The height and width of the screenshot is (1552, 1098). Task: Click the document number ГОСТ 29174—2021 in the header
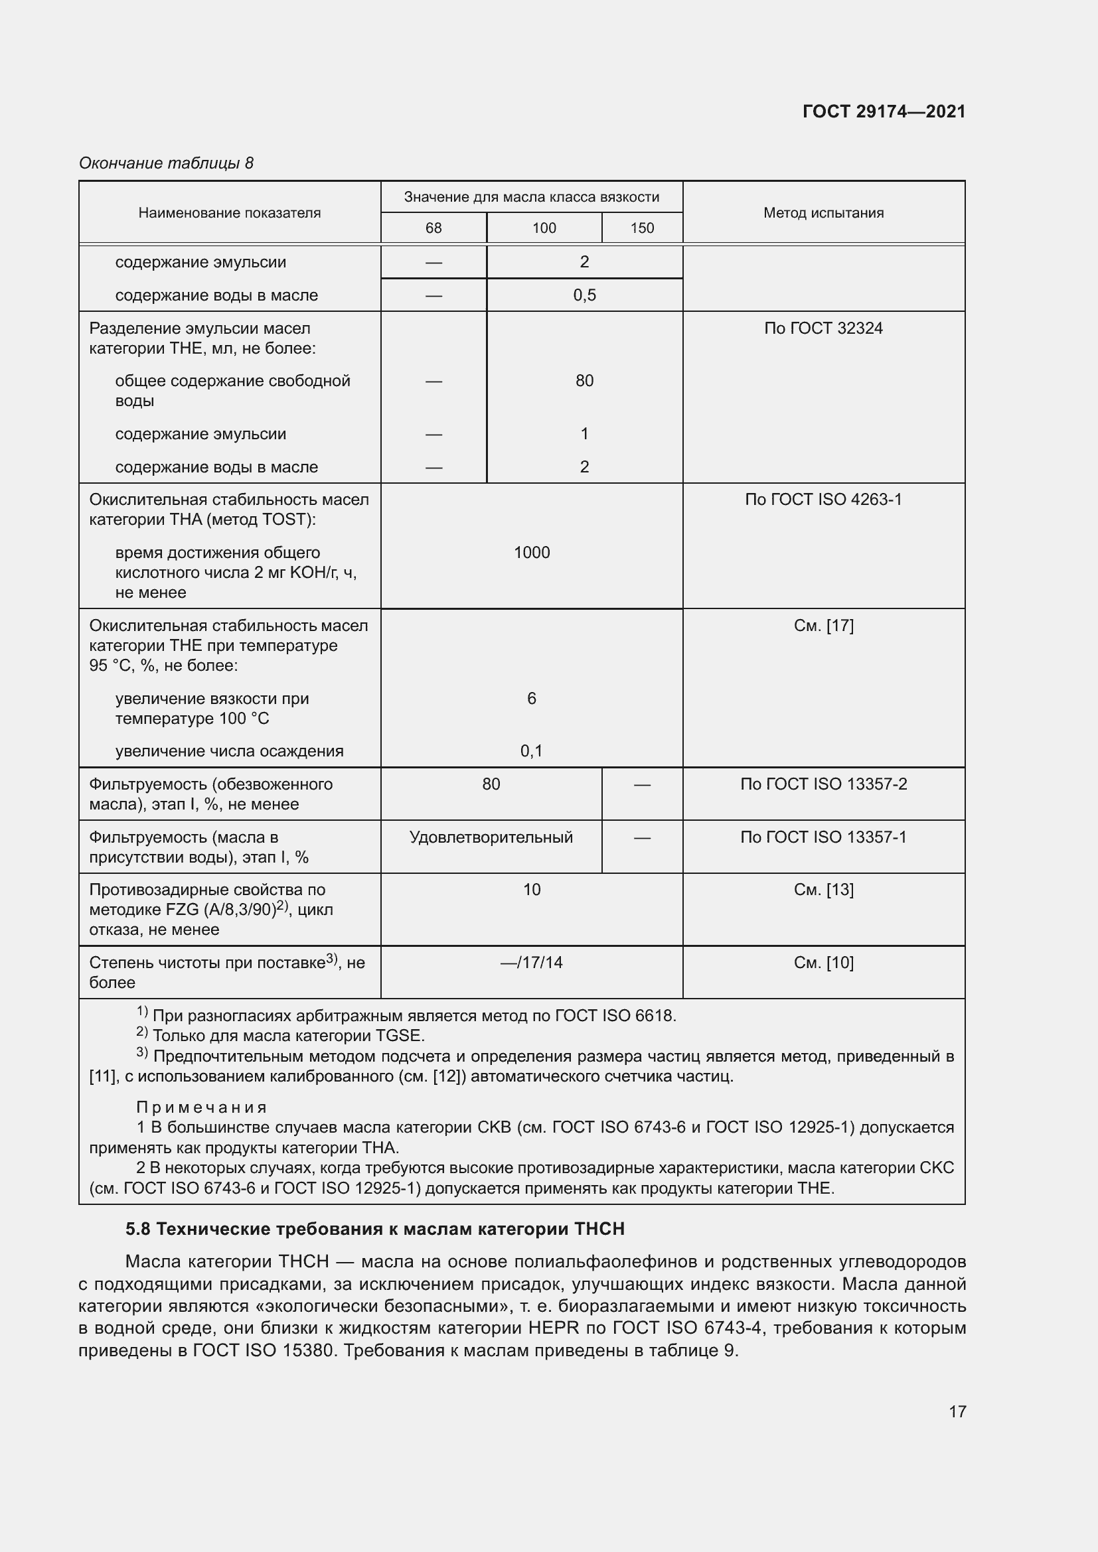tap(883, 111)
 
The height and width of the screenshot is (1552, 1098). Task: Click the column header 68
tap(433, 228)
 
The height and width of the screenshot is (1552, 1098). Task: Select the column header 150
tap(642, 228)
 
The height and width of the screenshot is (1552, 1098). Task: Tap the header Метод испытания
tap(823, 213)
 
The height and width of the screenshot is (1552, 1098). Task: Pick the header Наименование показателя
tap(229, 213)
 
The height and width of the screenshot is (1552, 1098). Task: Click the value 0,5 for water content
tap(584, 295)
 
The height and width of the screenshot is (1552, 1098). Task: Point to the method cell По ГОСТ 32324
tap(823, 328)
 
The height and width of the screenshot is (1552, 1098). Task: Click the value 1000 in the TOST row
tap(532, 552)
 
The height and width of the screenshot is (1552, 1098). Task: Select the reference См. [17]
tap(823, 625)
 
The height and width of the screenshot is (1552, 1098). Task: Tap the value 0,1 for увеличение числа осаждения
tap(532, 750)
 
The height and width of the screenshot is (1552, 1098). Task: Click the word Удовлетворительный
tap(491, 837)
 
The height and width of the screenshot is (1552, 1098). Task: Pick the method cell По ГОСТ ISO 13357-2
tap(823, 784)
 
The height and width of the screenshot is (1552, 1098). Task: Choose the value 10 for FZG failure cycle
tap(532, 890)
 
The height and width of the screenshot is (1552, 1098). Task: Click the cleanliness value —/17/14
tap(532, 962)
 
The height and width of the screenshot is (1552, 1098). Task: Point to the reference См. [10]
tap(823, 962)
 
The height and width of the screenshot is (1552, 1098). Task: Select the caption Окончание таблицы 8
tap(166, 163)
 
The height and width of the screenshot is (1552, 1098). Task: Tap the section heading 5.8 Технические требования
tap(374, 1228)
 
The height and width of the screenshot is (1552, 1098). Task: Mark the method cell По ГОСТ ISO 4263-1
tap(823, 500)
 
